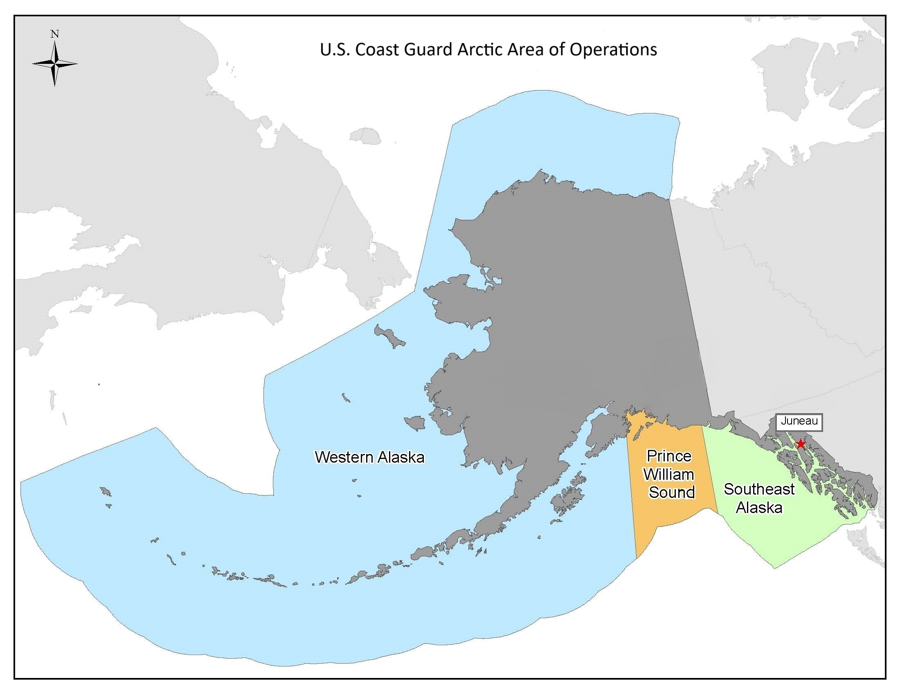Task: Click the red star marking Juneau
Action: pos(800,444)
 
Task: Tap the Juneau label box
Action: pos(799,422)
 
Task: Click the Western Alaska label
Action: pos(369,457)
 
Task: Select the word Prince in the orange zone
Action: pos(669,456)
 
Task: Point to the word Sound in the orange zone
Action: pos(672,492)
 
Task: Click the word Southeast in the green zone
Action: pos(759,489)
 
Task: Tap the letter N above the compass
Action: pos(54,34)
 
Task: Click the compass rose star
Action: pos(54,64)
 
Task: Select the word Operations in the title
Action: pos(613,50)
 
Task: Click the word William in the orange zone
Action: pos(668,474)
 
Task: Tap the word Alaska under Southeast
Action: pos(759,508)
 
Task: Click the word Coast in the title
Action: pos(377,50)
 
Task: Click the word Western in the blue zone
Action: pos(344,457)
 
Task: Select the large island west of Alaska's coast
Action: pos(389,337)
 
